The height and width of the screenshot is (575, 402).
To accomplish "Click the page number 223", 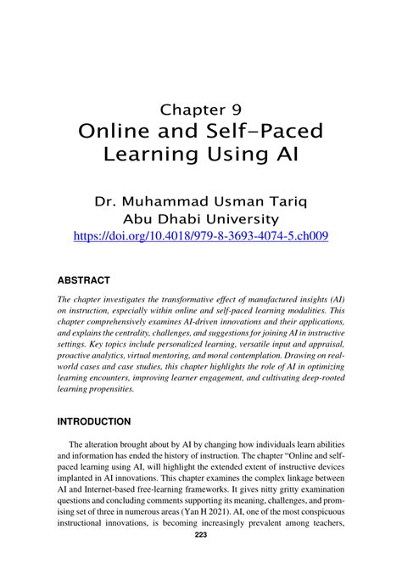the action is [x=201, y=558].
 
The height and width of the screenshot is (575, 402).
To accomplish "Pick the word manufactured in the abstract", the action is [x=241, y=300].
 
